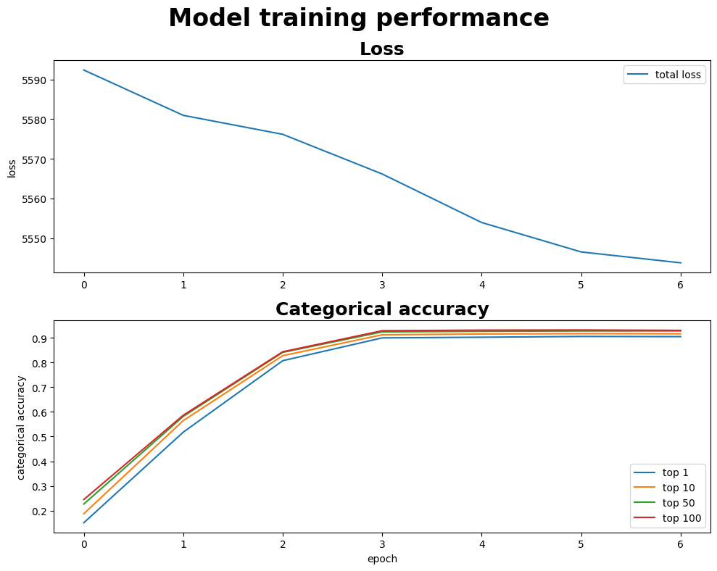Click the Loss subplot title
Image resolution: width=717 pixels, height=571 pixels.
point(381,49)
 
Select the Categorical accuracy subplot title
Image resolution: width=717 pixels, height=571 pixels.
point(381,309)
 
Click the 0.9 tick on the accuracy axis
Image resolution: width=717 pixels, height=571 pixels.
point(40,338)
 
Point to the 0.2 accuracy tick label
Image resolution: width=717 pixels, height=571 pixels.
point(40,512)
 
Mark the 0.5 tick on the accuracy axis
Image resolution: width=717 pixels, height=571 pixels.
point(40,438)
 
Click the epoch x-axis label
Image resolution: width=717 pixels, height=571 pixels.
point(381,559)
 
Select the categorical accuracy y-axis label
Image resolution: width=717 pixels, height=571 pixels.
point(21,427)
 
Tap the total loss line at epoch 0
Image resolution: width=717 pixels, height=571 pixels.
point(84,70)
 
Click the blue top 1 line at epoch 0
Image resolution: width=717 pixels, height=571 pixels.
point(84,522)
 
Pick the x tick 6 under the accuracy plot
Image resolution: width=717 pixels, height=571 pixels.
point(681,543)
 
